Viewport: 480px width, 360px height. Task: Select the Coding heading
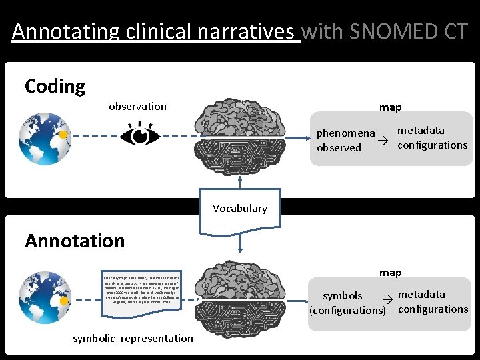click(55, 86)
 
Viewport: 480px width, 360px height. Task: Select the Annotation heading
click(75, 241)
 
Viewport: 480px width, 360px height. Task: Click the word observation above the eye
click(137, 107)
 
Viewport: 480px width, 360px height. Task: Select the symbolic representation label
click(133, 338)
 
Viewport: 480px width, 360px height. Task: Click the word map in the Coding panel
click(390, 107)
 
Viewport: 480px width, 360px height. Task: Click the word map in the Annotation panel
click(390, 273)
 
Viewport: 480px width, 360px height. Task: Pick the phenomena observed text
click(345, 140)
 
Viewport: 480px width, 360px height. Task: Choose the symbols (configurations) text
click(347, 303)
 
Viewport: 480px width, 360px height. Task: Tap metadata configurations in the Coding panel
click(432, 137)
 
